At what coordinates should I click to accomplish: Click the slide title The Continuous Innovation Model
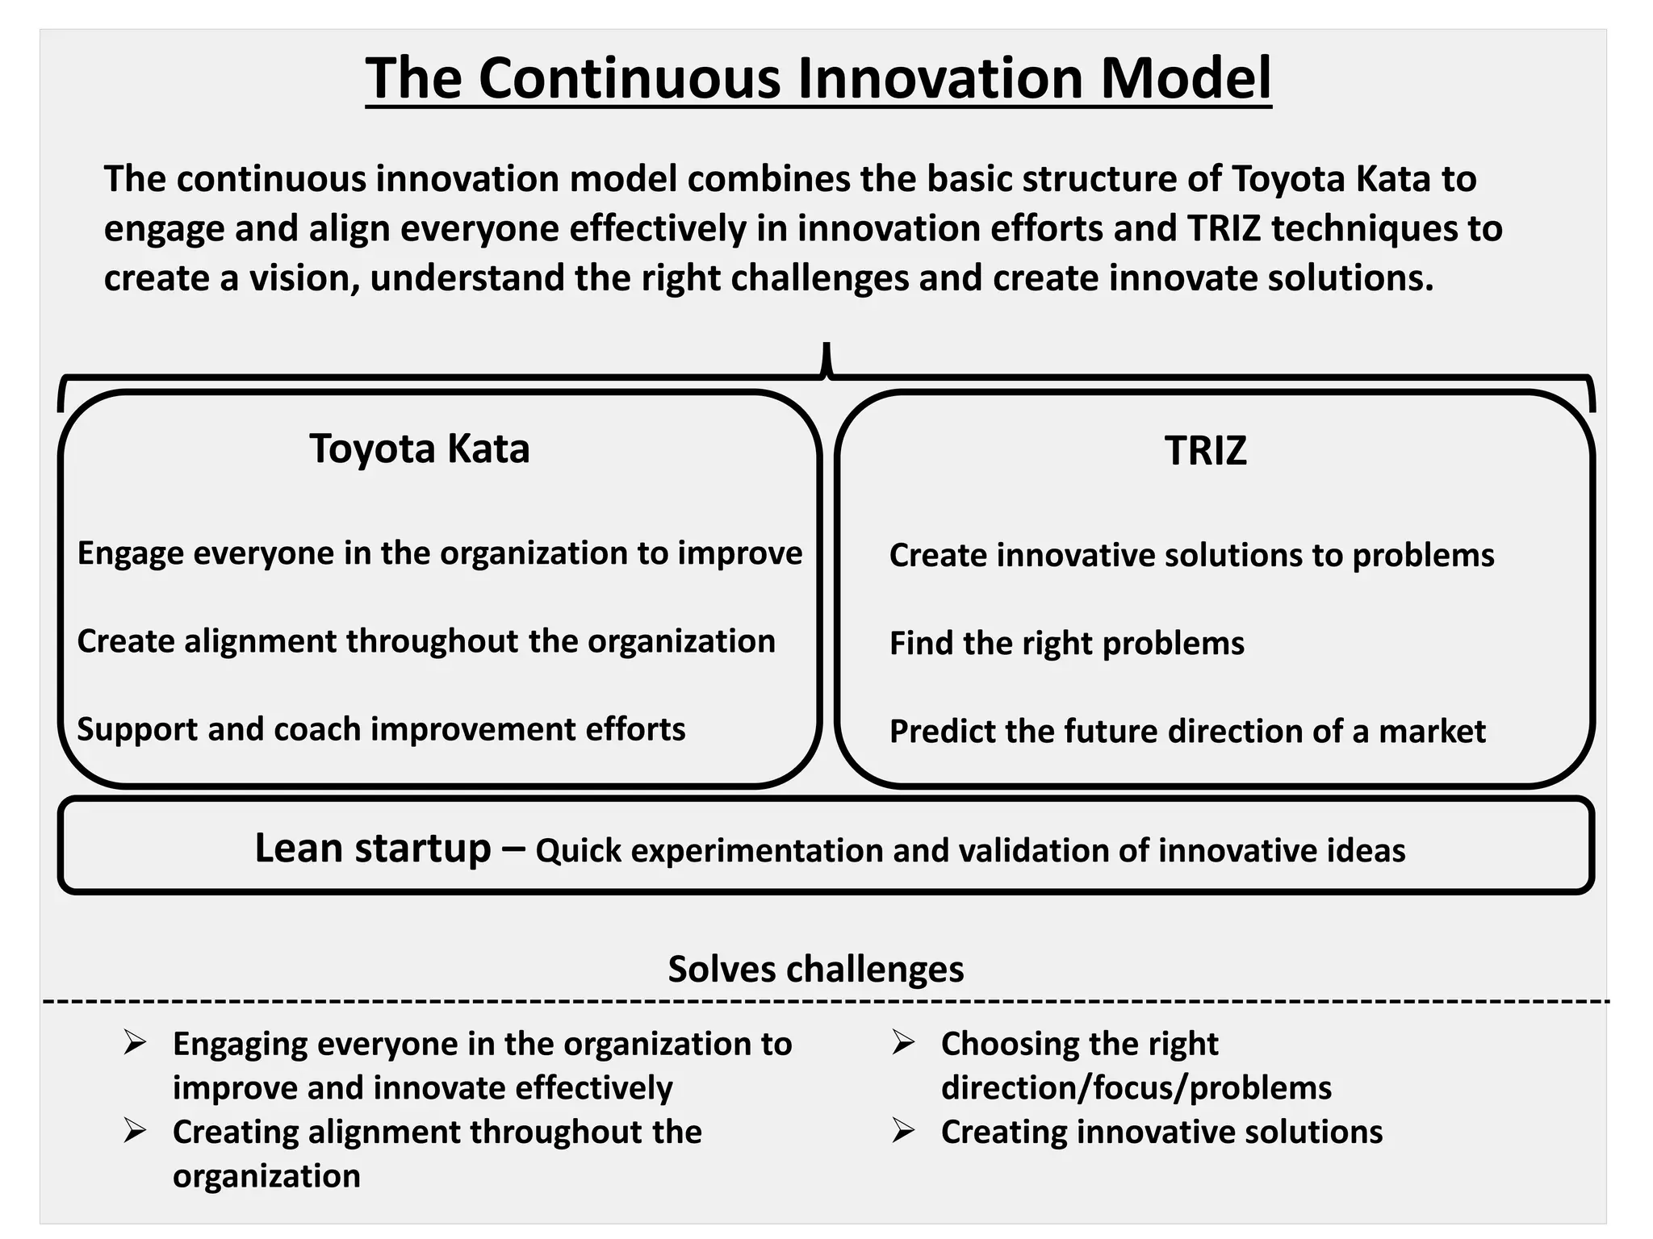818,78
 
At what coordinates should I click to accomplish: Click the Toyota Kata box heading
419,448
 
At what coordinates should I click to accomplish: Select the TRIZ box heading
1205,451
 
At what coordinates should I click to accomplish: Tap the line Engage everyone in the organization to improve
440,553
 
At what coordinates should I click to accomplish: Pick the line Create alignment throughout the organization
426,641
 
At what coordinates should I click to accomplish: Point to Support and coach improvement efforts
381,729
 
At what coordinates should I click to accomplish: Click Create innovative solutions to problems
1191,556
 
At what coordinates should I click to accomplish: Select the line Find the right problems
1066,644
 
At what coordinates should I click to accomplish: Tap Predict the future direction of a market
1186,732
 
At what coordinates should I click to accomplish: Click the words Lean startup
372,848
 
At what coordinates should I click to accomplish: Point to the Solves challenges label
815,969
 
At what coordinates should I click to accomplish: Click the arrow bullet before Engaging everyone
135,1043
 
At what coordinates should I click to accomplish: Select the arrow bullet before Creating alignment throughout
135,1131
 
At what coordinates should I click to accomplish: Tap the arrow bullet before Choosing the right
903,1043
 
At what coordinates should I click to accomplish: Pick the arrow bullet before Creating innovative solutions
903,1131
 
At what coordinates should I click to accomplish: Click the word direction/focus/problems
1136,1087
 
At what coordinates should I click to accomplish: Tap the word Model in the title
1185,78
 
